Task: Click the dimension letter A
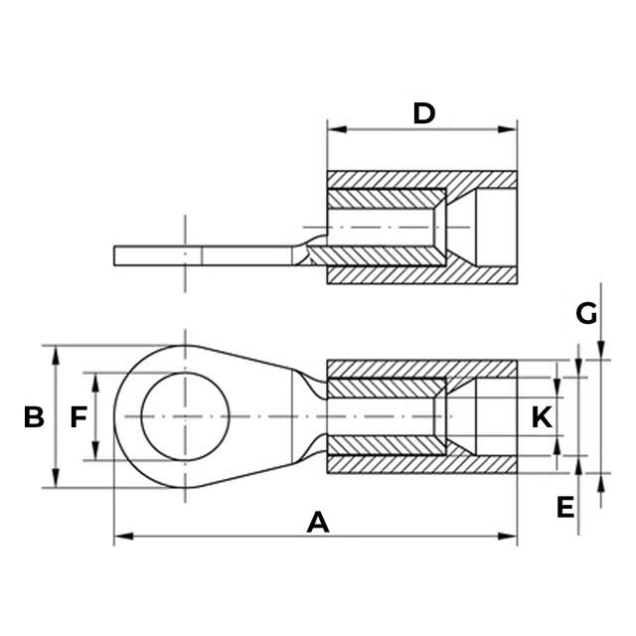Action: (318, 521)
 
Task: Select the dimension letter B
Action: (34, 417)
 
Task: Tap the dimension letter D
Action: (424, 113)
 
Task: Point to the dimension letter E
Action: (565, 508)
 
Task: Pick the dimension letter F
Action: (79, 417)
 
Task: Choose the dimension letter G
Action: (587, 314)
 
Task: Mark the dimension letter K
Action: (541, 417)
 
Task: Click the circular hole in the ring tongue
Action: (185, 416)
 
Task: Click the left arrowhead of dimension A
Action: (120, 538)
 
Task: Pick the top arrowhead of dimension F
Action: (96, 380)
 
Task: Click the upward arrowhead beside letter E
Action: (601, 482)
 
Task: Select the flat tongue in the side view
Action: (199, 255)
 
